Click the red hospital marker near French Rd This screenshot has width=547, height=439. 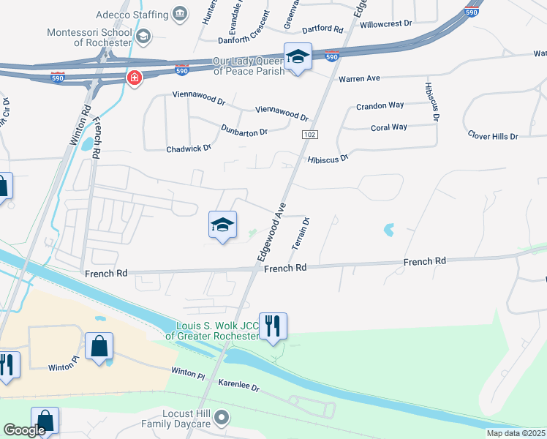tap(133, 78)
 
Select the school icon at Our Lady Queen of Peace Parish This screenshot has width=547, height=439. tap(298, 56)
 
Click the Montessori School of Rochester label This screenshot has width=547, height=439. tap(88, 37)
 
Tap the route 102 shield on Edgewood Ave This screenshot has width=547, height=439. tap(309, 135)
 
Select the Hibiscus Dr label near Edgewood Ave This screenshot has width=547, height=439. tap(328, 157)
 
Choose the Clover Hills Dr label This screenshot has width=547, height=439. tap(493, 136)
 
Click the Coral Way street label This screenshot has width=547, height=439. tap(388, 127)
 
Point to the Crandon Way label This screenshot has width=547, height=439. tap(380, 105)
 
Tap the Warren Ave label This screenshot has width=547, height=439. tap(359, 78)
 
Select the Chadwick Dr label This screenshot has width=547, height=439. tap(189, 148)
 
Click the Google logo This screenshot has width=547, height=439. tap(25, 431)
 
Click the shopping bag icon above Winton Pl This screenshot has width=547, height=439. tap(99, 345)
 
